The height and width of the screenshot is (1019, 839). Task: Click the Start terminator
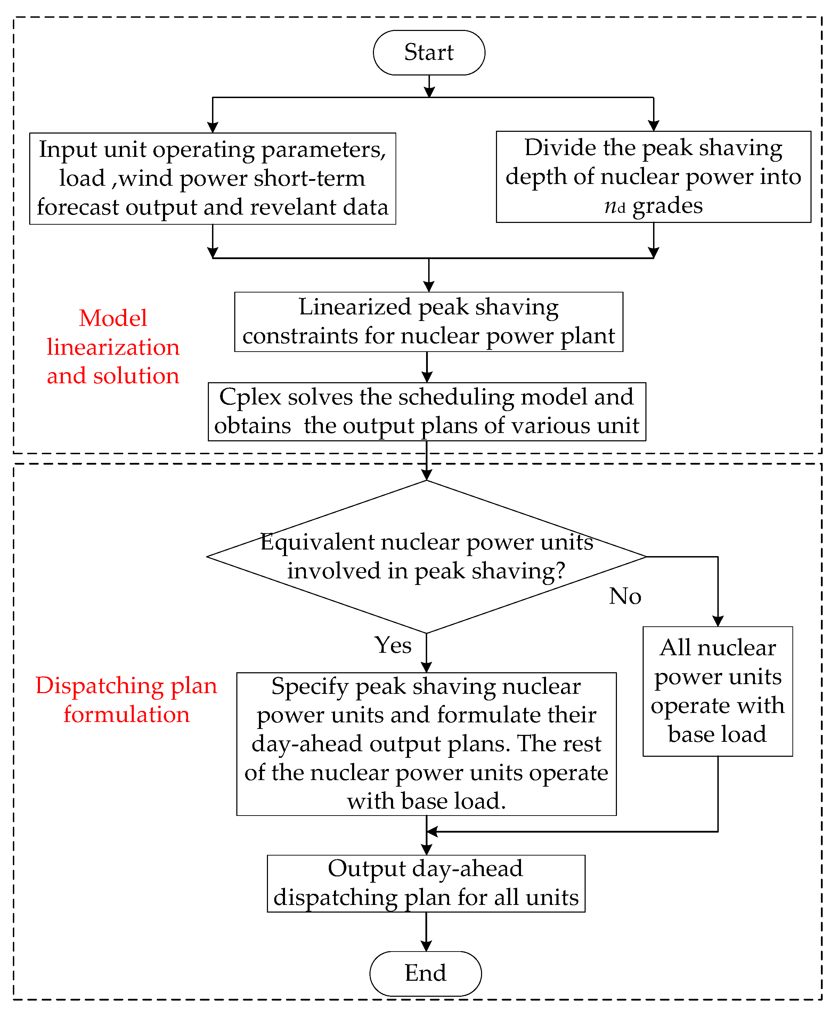pos(429,52)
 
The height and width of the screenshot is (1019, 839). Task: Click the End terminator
pos(425,973)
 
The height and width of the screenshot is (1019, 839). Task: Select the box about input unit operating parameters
pos(213,178)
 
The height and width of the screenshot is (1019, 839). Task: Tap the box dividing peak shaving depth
pos(653,177)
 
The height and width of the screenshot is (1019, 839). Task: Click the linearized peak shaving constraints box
pos(429,322)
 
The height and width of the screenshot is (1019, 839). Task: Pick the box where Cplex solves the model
pos(427,411)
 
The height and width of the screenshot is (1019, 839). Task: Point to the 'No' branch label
pos(625,596)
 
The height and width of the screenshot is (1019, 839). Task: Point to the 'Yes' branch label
pos(393,645)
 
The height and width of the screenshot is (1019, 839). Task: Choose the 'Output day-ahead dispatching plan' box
pos(426,883)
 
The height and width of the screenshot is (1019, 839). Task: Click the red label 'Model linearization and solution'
pos(113,347)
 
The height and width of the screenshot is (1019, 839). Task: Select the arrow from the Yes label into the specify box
pos(426,653)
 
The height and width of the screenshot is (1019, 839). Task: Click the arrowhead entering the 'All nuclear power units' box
pos(718,621)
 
